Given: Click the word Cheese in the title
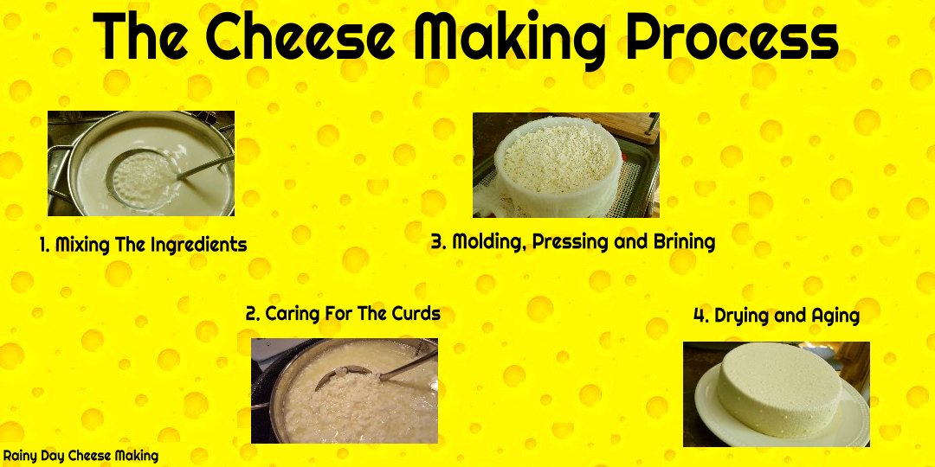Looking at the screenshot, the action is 300,37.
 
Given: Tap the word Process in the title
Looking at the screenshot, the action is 733,37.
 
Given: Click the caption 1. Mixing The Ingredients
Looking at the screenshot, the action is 143,244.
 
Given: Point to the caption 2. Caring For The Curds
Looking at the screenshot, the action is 343,313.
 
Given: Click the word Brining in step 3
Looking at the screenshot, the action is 684,242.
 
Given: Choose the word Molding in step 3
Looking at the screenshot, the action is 489,242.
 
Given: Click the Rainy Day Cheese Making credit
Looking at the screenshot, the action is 80,457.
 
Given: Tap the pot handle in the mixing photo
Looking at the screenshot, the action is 58,173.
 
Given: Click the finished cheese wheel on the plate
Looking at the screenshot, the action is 778,389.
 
